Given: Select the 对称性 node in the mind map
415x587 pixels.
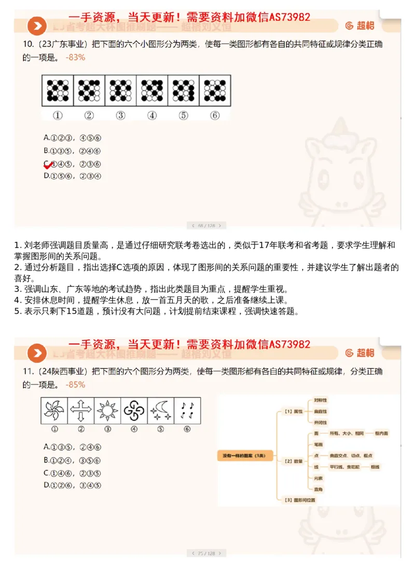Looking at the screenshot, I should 320,400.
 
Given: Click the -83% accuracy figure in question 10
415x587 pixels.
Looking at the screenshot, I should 76,57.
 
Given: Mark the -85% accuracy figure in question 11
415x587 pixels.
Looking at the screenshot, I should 76,385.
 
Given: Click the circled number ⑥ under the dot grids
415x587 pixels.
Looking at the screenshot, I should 215,115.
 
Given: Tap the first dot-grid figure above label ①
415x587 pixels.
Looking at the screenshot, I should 58,91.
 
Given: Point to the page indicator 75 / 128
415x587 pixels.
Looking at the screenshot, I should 206,553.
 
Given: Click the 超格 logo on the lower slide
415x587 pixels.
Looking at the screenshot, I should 359,353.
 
